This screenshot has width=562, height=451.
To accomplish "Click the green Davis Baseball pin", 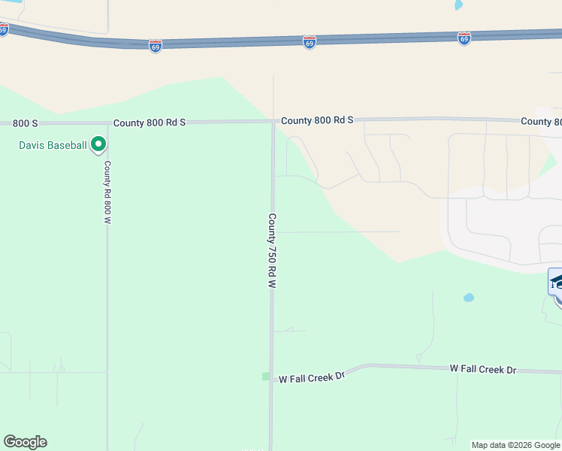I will (98, 144).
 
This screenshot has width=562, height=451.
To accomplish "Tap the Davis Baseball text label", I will (53, 144).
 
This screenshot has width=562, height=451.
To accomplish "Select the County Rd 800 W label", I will (107, 192).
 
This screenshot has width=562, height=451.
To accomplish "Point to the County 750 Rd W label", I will (272, 251).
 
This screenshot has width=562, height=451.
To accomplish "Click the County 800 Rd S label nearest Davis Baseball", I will (149, 122).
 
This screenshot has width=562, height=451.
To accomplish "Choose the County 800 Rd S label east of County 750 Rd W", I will (316, 120).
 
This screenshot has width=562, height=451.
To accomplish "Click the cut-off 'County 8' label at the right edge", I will (541, 122).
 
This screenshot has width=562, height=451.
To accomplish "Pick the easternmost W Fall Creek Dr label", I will (483, 369).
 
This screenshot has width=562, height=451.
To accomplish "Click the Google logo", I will (25, 442).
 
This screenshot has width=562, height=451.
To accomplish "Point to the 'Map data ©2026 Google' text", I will (515, 445).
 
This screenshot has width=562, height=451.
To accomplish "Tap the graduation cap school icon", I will (557, 282).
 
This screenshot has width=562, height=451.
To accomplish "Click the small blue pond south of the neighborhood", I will (469, 298).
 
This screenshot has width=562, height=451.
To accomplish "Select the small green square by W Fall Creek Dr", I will (265, 376).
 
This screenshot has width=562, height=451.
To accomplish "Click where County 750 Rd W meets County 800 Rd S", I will (272, 121).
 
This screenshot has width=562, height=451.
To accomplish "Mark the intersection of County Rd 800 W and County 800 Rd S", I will (107, 123).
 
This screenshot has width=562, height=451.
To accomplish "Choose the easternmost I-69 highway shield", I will (464, 38).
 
